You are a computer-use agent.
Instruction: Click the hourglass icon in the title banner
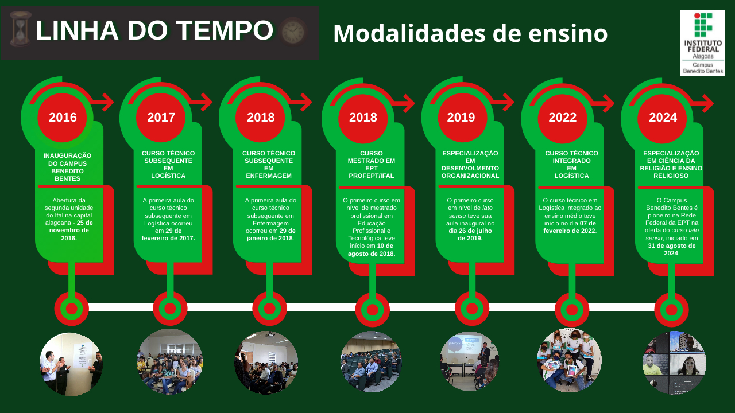(x=20, y=29)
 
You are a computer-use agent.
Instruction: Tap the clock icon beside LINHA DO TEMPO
(x=293, y=32)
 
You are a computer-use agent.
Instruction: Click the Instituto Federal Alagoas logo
(x=702, y=43)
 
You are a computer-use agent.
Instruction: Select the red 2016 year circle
(x=63, y=118)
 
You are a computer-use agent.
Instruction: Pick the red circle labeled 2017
(x=161, y=118)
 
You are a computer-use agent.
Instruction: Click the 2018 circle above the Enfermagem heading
(x=261, y=118)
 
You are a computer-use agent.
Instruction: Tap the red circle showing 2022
(x=562, y=118)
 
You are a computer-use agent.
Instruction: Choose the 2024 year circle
(x=663, y=118)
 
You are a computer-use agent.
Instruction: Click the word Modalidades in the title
(x=409, y=33)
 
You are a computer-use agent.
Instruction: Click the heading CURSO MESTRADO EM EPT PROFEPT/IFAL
(x=371, y=165)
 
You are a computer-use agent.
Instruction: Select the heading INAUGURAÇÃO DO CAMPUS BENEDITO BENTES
(x=67, y=167)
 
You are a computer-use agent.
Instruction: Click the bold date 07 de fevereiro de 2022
(x=570, y=227)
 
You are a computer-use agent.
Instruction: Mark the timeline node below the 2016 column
(x=72, y=309)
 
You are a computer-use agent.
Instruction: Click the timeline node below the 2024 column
(x=671, y=310)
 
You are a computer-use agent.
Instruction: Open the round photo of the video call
(x=674, y=362)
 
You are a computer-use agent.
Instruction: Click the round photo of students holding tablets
(x=569, y=360)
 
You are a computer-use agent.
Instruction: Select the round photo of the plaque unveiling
(x=71, y=364)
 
